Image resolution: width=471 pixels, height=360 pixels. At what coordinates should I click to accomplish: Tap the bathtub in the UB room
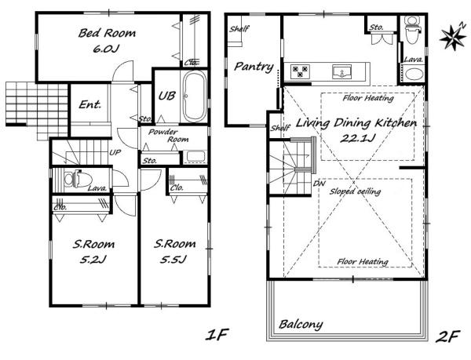(x=195, y=96)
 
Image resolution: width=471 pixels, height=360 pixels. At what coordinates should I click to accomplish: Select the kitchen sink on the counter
(x=341, y=72)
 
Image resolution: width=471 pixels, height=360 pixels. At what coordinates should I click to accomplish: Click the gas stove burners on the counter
(x=300, y=71)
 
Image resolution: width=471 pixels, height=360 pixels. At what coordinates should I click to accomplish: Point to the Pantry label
(x=254, y=67)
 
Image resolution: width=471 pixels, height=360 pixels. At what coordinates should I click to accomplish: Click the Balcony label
(x=301, y=324)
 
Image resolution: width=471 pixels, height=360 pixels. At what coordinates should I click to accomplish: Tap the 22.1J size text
(x=357, y=138)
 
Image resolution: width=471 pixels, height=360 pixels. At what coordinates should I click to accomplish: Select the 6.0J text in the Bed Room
(x=104, y=49)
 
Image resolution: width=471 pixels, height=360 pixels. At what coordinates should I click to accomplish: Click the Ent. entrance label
(x=89, y=104)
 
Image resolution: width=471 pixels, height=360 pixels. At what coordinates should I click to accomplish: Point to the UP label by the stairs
(x=115, y=152)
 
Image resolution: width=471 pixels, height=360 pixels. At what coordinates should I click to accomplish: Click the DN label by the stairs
(x=319, y=184)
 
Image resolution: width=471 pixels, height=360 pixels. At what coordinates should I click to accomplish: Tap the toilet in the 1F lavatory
(x=73, y=179)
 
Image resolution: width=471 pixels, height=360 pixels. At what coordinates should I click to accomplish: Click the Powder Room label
(x=168, y=136)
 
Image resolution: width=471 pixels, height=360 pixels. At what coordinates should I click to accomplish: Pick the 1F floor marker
(x=217, y=335)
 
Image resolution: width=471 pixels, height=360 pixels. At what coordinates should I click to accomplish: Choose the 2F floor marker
(x=448, y=336)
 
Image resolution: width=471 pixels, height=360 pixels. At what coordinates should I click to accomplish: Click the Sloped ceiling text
(x=355, y=191)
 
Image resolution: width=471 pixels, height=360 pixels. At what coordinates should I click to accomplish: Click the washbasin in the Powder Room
(x=195, y=157)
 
